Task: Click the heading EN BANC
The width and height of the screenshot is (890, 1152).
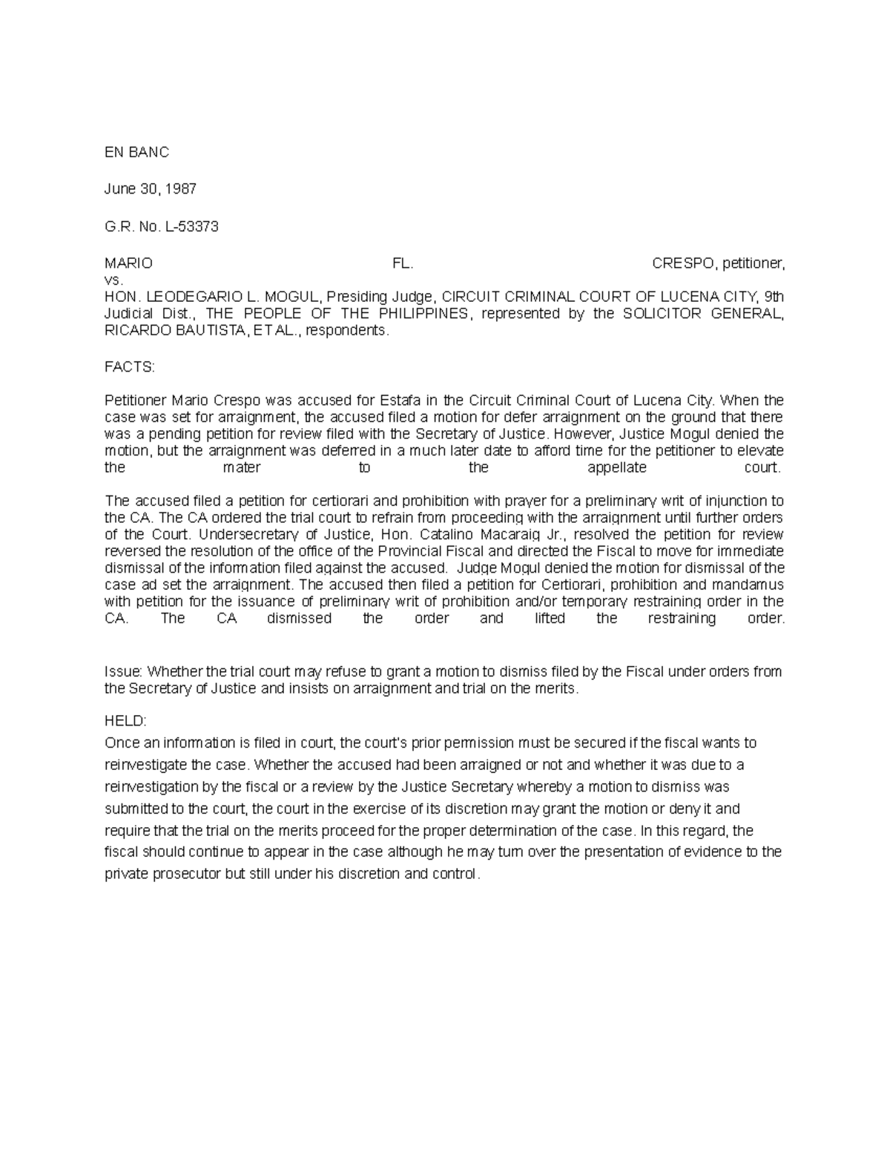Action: tap(136, 152)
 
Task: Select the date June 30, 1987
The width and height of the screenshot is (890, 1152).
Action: tap(151, 189)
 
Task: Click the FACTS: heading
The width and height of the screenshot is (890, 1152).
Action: tap(130, 367)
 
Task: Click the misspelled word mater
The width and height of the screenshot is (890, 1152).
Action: tap(242, 468)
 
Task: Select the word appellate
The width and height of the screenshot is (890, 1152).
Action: tap(616, 468)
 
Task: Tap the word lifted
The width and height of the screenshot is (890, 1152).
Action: tap(550, 619)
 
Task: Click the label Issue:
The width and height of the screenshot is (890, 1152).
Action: tap(123, 672)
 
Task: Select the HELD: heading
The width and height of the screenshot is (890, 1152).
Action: tap(126, 721)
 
